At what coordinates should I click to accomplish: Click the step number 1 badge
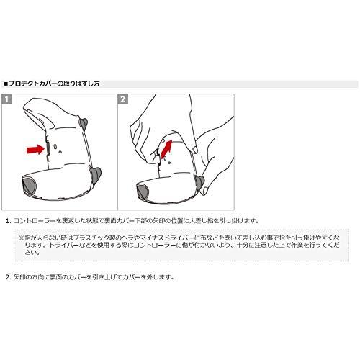pos(6,99)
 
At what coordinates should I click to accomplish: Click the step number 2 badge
pos(123,99)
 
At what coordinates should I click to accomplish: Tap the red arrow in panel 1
pos(35,150)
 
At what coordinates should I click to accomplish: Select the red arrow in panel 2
pos(167,149)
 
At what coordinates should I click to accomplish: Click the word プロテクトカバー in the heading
pos(34,84)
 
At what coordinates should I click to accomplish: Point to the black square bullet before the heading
pos(6,84)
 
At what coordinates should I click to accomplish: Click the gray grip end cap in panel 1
pos(29,185)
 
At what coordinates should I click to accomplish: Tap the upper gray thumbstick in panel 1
pos(84,123)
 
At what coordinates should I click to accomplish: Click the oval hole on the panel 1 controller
pos(55,146)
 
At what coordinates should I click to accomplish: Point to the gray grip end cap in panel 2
pos(143,192)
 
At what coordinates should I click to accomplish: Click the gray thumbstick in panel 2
pos(199,182)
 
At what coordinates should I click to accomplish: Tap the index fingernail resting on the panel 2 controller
pos(195,150)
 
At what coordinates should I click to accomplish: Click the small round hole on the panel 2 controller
pos(169,163)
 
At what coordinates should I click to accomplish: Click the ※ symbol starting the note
pos(22,238)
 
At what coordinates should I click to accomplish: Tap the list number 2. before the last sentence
pos(9,277)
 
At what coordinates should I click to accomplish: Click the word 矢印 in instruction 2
pos(19,277)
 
